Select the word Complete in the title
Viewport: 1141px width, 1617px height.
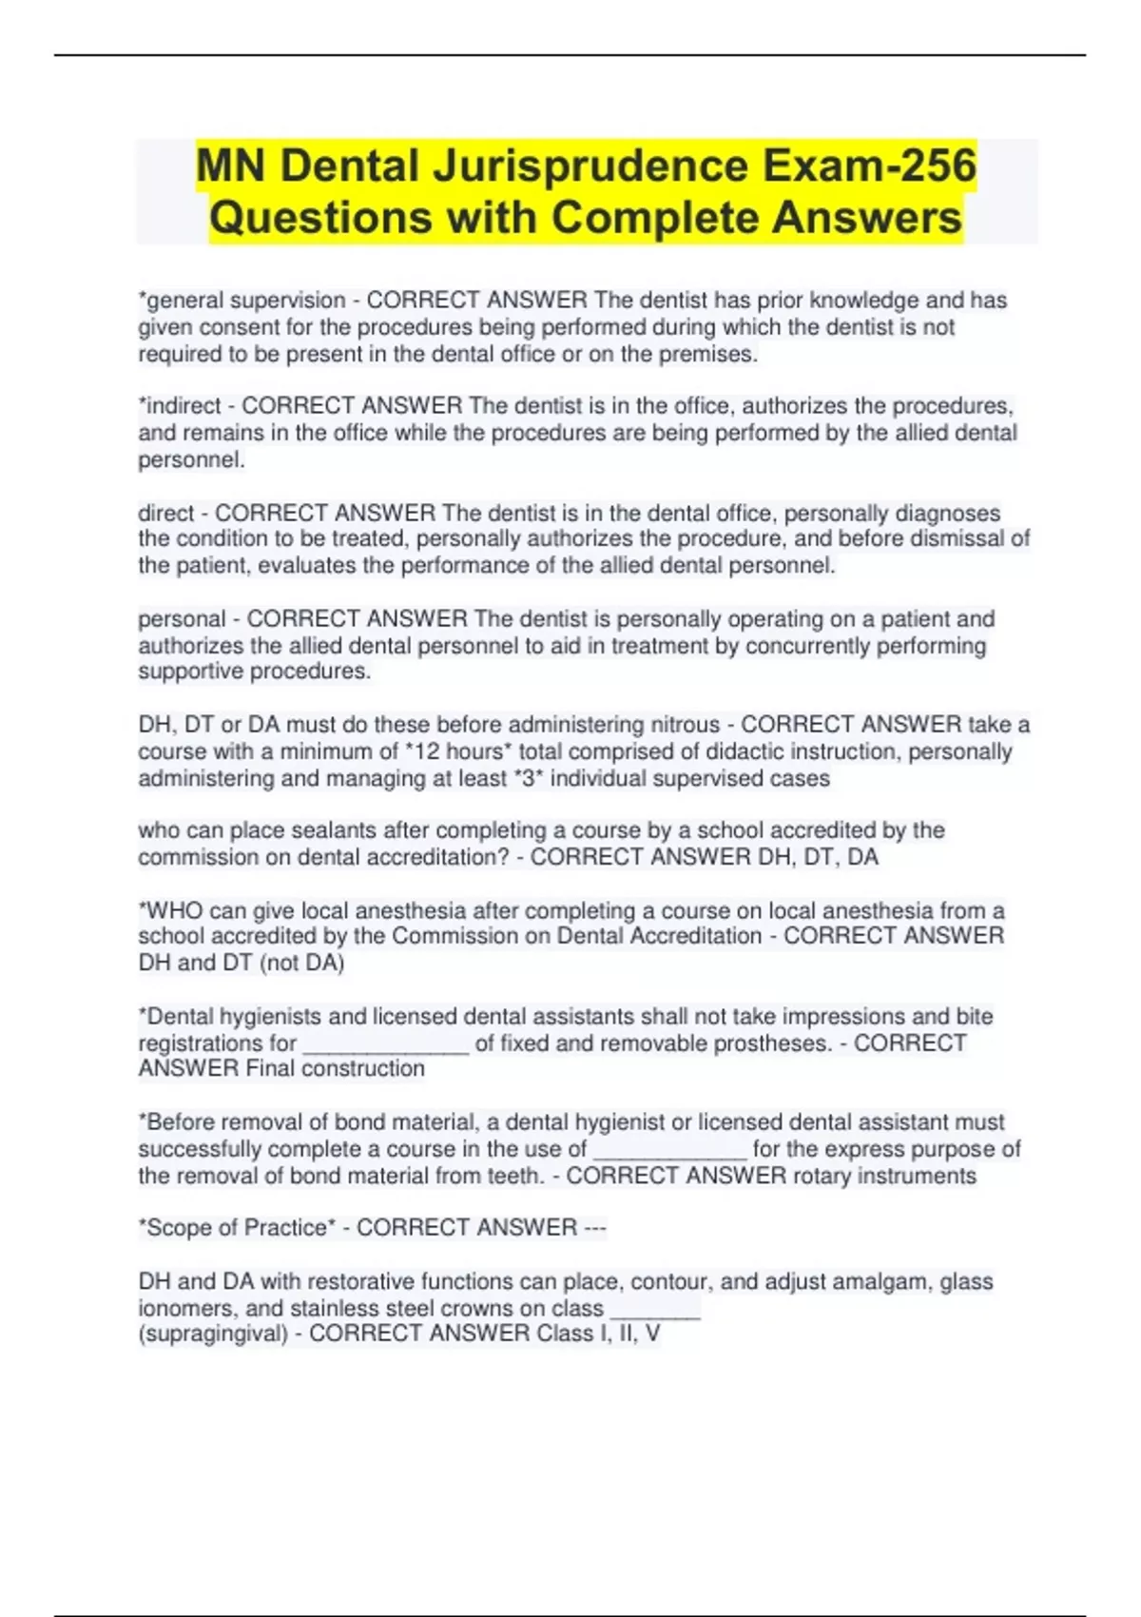656,218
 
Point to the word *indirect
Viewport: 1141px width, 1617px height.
180,406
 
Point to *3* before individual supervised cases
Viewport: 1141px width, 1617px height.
529,778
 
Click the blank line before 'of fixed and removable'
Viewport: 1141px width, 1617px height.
386,1044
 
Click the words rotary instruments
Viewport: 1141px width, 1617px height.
884,1176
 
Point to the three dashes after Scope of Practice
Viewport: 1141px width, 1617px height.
595,1228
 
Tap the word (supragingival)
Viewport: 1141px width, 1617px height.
214,1334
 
